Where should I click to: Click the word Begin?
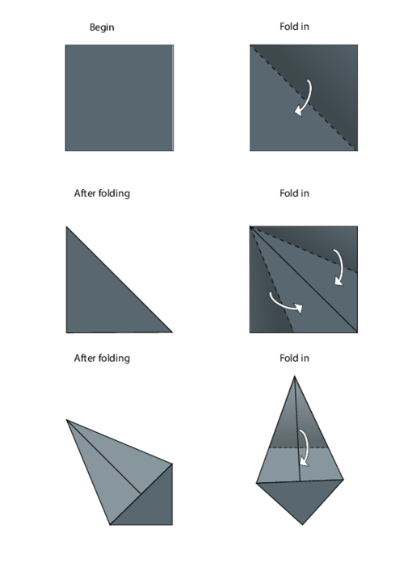point(102,27)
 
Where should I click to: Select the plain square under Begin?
point(120,98)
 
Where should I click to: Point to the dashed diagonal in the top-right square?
point(304,98)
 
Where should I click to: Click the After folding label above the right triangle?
point(102,193)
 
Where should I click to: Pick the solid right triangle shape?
point(102,296)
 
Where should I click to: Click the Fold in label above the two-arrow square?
point(294,193)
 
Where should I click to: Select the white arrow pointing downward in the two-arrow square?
point(340,267)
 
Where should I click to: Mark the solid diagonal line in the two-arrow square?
point(304,279)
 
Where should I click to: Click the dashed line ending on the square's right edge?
point(304,250)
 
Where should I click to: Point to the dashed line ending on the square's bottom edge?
point(271,279)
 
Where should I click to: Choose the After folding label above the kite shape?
point(102,359)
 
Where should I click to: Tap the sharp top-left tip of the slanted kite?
point(66,420)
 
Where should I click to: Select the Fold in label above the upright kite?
point(294,359)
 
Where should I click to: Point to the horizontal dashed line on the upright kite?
point(299,447)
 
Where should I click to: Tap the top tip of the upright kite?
point(294,376)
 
